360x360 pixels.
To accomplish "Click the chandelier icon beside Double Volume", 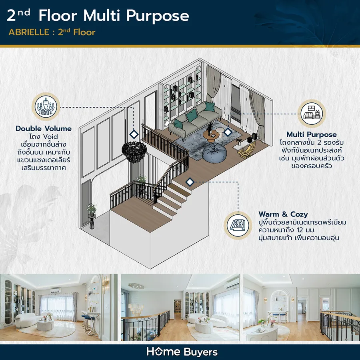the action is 46,106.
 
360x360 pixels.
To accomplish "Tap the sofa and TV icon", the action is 312,114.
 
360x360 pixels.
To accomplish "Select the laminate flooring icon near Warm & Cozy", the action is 238,225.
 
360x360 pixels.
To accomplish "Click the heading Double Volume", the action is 44,128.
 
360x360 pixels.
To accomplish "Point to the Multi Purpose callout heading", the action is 312,134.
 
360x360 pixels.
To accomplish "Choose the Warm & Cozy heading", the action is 283,214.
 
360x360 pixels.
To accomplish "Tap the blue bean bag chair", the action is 215,152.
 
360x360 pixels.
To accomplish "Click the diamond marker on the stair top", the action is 190,182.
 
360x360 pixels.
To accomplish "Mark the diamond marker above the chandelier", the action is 134,134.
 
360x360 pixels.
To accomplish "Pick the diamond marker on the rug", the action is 228,132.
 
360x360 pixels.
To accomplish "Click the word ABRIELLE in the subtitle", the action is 29,32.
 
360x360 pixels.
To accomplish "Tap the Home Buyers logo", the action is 182,352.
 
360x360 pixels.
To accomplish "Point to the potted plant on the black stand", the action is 92,216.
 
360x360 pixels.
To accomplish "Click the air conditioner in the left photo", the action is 56,291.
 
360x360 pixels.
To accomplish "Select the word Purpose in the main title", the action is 158,16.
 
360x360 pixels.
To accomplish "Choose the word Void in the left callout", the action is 50,136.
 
